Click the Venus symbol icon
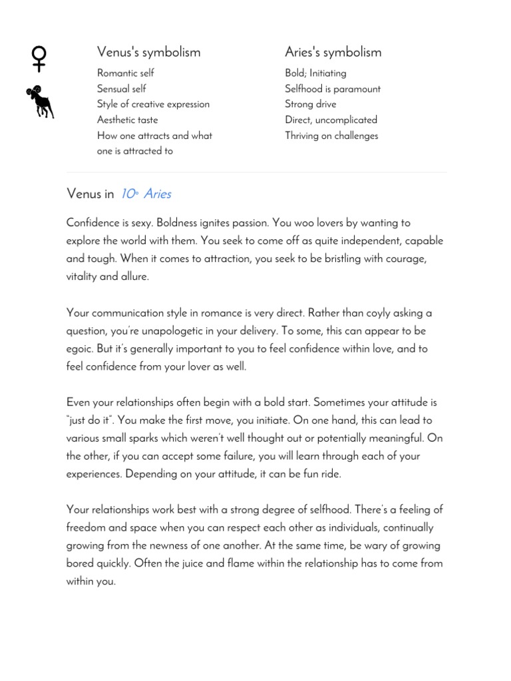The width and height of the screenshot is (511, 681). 39,59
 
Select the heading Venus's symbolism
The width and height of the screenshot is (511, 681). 148,52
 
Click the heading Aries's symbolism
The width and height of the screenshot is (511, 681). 333,52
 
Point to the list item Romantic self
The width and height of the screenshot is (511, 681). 125,73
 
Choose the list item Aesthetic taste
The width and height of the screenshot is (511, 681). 127,120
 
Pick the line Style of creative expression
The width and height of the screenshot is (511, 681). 153,104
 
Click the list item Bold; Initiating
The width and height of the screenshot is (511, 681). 315,73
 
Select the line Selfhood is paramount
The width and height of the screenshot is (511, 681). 333,89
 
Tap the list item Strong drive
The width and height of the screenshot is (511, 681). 310,104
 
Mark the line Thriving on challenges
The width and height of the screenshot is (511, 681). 331,136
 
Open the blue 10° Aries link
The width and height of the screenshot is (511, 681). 146,194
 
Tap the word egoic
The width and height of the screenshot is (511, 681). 81,349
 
